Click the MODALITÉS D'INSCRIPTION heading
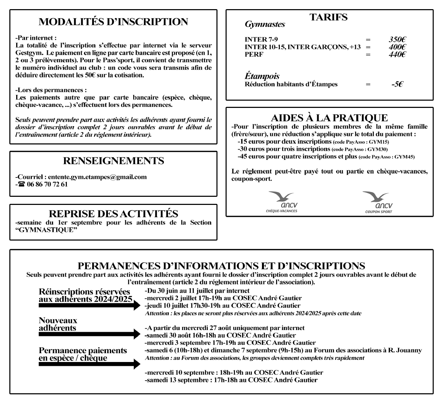(113, 22)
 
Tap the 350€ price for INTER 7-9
(398, 40)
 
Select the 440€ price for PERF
(398, 54)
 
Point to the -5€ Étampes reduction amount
(397, 84)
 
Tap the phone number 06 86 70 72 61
(47, 184)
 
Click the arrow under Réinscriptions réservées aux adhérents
(89, 306)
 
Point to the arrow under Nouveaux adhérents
(89, 334)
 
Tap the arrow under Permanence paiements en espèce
(89, 364)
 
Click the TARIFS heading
(328, 17)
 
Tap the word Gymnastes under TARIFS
(265, 25)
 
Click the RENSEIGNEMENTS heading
(113, 161)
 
